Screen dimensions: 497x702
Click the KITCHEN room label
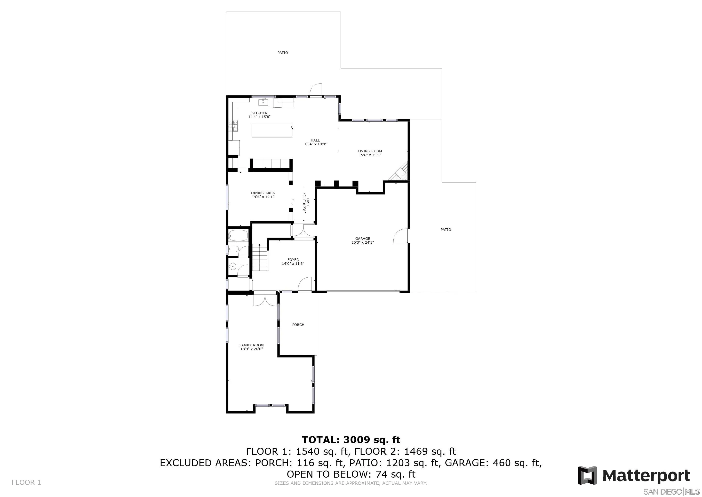point(259,113)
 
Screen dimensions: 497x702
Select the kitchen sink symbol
point(263,102)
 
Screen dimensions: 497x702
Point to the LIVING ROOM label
point(370,151)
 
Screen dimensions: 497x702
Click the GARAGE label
point(363,238)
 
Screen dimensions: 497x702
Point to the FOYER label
point(293,259)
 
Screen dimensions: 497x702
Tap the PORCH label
point(298,325)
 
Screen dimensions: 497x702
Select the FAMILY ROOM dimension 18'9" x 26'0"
point(252,349)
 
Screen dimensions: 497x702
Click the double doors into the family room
point(265,300)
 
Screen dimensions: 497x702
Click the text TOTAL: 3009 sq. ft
point(351,440)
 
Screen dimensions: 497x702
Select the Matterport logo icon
point(587,475)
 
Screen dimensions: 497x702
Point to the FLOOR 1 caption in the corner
point(26,482)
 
